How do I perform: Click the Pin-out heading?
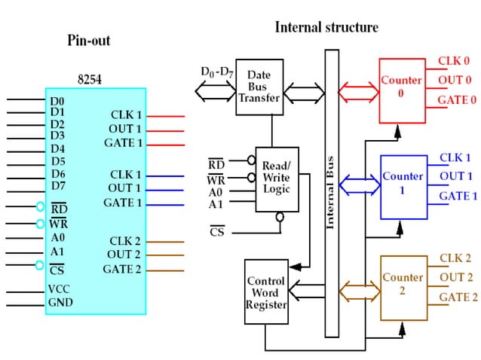[x=88, y=40]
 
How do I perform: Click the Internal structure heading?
[x=326, y=27]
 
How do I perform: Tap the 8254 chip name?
[x=91, y=77]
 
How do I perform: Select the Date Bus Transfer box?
[x=259, y=87]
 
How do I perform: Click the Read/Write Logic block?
[x=277, y=178]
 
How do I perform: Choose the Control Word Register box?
[x=266, y=293]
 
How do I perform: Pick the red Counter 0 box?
[x=402, y=89]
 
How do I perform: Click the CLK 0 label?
[x=454, y=61]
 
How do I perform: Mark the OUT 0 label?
[x=455, y=81]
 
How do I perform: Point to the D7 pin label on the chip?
[x=58, y=186]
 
